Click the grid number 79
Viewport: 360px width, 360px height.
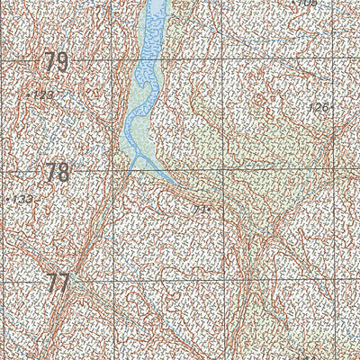pyautogui.click(x=57, y=62)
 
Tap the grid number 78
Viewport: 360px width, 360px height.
pyautogui.click(x=57, y=171)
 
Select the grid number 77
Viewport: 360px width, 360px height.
pyautogui.click(x=58, y=283)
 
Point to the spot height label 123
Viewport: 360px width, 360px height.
pyautogui.click(x=43, y=94)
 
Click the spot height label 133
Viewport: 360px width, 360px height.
pyautogui.click(x=22, y=198)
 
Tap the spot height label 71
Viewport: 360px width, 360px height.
pyautogui.click(x=201, y=209)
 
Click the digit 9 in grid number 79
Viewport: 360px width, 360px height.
pyautogui.click(x=63, y=62)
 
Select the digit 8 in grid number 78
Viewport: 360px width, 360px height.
pyautogui.click(x=63, y=171)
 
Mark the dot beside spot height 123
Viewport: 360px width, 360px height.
pyautogui.click(x=29, y=93)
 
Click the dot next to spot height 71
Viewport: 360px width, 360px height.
pyautogui.click(x=209, y=210)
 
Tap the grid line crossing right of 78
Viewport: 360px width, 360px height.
pyautogui.click(x=112, y=171)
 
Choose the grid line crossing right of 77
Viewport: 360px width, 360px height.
pyautogui.click(x=112, y=281)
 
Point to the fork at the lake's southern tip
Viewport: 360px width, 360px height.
pyautogui.click(x=134, y=158)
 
